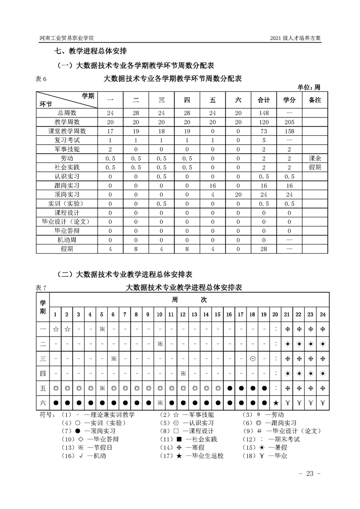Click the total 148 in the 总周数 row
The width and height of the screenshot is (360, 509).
click(264, 113)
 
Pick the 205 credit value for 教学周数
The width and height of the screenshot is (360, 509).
click(289, 122)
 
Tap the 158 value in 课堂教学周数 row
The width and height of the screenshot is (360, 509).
click(289, 131)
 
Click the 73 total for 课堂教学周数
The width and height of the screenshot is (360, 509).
click(264, 131)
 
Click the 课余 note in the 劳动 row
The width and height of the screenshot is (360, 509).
click(315, 158)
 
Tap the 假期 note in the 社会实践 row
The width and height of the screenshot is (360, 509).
click(315, 167)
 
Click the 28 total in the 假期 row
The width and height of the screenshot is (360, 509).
click(264, 249)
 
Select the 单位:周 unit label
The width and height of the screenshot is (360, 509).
click(309, 87)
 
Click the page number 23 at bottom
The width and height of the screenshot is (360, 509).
click(310, 474)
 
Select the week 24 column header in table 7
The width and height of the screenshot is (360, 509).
click(323, 314)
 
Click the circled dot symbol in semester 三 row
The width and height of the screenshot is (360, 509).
click(252, 358)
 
